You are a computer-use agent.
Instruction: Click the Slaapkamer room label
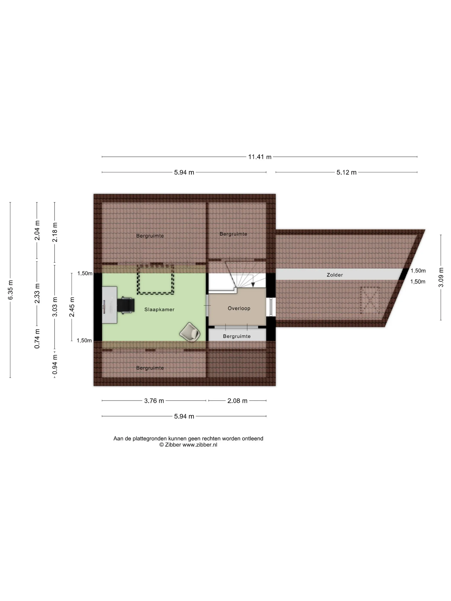(159, 310)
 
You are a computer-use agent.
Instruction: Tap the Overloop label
(239, 308)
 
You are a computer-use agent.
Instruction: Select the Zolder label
(335, 275)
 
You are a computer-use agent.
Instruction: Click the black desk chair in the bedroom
(126, 305)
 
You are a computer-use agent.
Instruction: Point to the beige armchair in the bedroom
(190, 332)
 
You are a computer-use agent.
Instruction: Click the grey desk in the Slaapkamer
(110, 305)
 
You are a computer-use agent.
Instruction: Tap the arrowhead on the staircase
(253, 284)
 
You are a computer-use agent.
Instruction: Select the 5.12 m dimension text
(346, 172)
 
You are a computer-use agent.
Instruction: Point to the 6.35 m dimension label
(10, 290)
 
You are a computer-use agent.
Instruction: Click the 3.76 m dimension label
(154, 401)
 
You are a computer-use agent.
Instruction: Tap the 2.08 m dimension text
(237, 401)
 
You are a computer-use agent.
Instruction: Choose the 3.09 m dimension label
(441, 277)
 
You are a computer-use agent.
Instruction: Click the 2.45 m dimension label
(72, 307)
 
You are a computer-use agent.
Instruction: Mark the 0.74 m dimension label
(37, 338)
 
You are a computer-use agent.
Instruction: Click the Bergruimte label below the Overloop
(237, 336)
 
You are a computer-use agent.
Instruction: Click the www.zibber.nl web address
(200, 445)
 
